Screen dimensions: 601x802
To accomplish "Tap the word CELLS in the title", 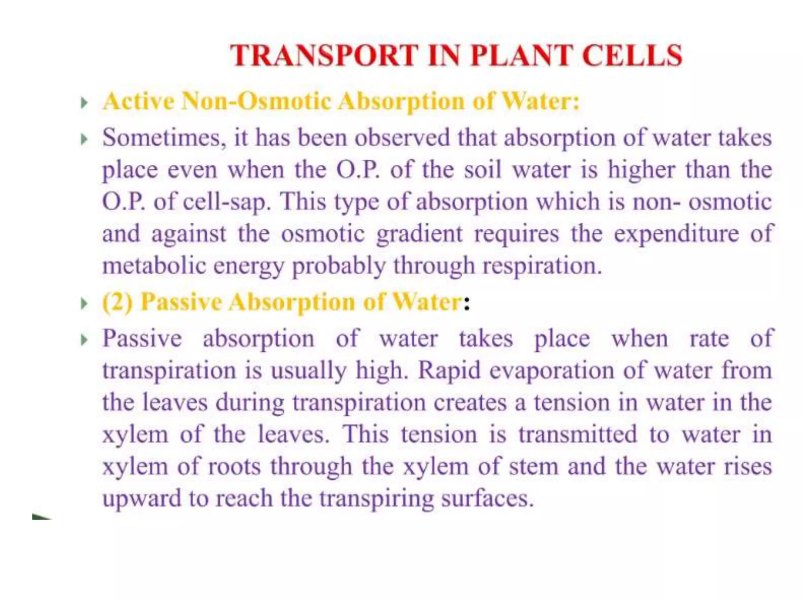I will click(x=632, y=56).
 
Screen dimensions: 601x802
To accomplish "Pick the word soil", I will click(x=482, y=170).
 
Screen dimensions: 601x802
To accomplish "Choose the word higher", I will click(x=641, y=170).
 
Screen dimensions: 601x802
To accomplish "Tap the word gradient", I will click(x=419, y=234).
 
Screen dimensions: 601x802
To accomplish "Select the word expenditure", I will click(x=676, y=234).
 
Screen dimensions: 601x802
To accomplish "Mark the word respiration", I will click(x=542, y=266).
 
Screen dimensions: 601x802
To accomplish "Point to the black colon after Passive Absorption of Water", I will click(x=466, y=303).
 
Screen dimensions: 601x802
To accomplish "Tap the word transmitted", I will click(x=578, y=434).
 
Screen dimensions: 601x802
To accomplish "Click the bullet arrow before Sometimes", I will click(x=84, y=139).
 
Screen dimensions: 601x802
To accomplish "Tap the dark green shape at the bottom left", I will click(x=40, y=516).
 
